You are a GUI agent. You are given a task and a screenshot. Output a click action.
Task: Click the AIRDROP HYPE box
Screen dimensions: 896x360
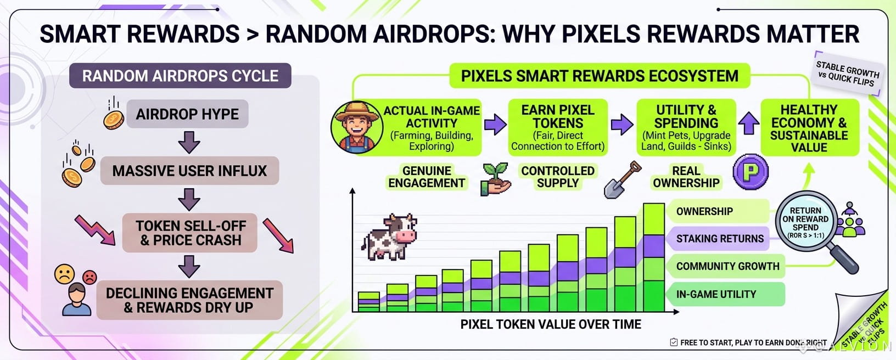pos(187,114)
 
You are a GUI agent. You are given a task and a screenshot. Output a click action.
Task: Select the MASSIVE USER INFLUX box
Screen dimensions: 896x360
pos(189,171)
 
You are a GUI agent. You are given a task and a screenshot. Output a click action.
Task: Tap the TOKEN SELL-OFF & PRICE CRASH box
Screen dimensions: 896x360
pos(189,233)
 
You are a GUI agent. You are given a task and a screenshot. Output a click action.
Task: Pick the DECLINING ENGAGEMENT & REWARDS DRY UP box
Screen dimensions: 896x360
pos(189,300)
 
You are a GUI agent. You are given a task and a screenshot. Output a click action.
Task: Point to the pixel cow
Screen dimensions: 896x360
pos(390,237)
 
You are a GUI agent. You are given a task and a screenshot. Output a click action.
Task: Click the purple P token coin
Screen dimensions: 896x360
pos(751,172)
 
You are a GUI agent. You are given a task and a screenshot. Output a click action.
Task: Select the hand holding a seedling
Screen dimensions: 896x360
pos(496,179)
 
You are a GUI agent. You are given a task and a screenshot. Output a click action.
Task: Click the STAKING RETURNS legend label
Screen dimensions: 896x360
pos(720,238)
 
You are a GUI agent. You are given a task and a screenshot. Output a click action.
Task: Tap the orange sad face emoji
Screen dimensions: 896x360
pos(64,274)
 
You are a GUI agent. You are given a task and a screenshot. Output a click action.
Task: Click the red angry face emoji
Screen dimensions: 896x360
pos(89,277)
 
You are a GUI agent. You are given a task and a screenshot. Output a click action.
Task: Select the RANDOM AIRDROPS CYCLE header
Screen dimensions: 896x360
pos(181,76)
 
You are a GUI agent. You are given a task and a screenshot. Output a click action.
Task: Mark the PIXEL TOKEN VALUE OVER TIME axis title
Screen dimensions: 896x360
pos(551,324)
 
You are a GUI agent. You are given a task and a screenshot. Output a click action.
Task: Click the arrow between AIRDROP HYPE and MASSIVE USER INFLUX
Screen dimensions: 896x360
pos(189,142)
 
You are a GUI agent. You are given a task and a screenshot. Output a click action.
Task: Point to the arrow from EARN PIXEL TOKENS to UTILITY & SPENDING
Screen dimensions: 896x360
pos(622,125)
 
